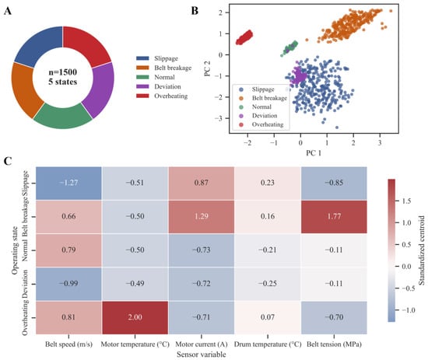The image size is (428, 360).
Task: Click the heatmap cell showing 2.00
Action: point(135,317)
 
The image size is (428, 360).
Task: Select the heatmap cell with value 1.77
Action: point(334,217)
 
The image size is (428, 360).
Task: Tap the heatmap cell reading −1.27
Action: point(68,183)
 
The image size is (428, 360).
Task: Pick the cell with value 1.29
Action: point(202,217)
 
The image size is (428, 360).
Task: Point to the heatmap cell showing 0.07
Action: point(268,317)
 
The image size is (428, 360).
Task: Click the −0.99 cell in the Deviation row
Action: point(68,284)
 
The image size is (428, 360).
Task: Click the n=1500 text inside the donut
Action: point(63,72)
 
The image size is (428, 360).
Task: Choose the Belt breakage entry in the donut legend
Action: point(163,68)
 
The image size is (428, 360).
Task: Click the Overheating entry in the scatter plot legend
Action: point(261,124)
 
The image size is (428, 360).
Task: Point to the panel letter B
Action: point(195,11)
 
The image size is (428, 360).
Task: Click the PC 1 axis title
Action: point(314,153)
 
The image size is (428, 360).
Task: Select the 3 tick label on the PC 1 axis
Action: point(380,143)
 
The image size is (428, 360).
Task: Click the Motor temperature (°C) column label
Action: point(135,344)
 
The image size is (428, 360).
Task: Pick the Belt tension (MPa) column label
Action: point(334,344)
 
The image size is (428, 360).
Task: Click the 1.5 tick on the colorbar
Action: point(406,201)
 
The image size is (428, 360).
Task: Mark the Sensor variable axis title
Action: point(202,355)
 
